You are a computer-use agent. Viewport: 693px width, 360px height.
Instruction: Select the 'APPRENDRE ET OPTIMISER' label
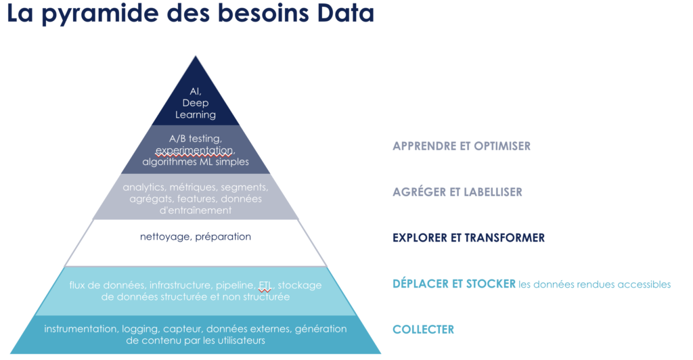click(x=462, y=146)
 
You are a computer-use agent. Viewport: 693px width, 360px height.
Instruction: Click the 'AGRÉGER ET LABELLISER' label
click(x=457, y=192)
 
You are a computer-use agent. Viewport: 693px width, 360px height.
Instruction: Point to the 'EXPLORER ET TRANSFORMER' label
click(x=468, y=238)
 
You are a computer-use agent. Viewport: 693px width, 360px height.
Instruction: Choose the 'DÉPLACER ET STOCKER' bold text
click(x=454, y=284)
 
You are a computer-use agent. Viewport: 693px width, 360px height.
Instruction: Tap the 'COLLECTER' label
click(x=423, y=330)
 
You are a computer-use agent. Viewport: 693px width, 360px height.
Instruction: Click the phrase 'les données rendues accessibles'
click(x=594, y=284)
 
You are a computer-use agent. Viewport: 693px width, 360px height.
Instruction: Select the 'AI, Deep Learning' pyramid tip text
click(x=196, y=103)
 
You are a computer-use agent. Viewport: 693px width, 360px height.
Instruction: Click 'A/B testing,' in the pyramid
click(x=196, y=139)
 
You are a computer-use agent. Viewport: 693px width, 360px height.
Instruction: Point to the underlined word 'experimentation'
click(x=195, y=151)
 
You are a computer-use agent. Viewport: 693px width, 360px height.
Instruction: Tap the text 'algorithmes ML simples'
click(x=196, y=162)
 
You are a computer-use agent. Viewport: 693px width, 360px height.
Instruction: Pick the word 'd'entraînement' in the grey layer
click(x=196, y=210)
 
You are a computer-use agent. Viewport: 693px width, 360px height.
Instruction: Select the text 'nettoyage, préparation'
click(x=196, y=237)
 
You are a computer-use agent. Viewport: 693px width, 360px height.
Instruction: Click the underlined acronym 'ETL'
click(x=265, y=286)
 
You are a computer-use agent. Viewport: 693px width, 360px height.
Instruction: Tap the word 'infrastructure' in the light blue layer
click(x=180, y=286)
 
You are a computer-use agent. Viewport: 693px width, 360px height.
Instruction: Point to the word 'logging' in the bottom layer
click(x=141, y=329)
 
